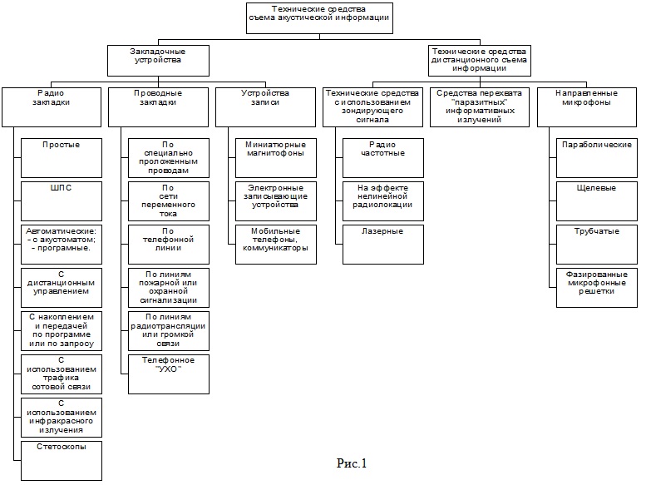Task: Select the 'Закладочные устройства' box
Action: [x=158, y=61]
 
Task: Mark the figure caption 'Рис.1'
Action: [x=351, y=463]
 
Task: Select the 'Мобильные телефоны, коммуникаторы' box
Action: [x=275, y=244]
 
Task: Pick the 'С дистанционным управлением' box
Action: [x=61, y=287]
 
